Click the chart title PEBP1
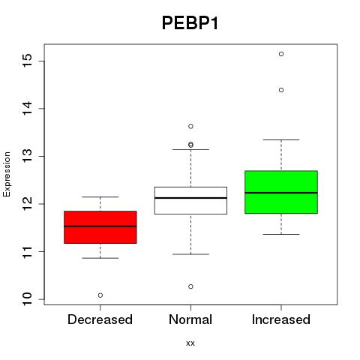pyautogui.click(x=190, y=23)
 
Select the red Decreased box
pyautogui.click(x=100, y=227)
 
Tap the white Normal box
pyautogui.click(x=190, y=200)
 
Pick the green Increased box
pyautogui.click(x=281, y=192)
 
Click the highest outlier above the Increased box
pyautogui.click(x=281, y=54)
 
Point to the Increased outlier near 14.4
pyautogui.click(x=281, y=90)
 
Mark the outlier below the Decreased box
pyautogui.click(x=100, y=295)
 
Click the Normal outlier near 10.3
pyautogui.click(x=190, y=286)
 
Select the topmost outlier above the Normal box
pyautogui.click(x=190, y=126)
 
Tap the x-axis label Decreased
pyautogui.click(x=100, y=319)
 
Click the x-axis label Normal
pyautogui.click(x=190, y=319)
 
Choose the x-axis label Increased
pyautogui.click(x=281, y=319)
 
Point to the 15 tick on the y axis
pyautogui.click(x=28, y=61)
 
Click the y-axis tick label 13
pyautogui.click(x=28, y=156)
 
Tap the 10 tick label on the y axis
pyautogui.click(x=28, y=299)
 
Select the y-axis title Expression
pyautogui.click(x=7, y=174)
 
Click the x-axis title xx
pyautogui.click(x=190, y=343)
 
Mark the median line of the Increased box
pyautogui.click(x=281, y=193)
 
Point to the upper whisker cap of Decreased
pyautogui.click(x=100, y=197)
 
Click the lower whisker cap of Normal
pyautogui.click(x=190, y=254)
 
